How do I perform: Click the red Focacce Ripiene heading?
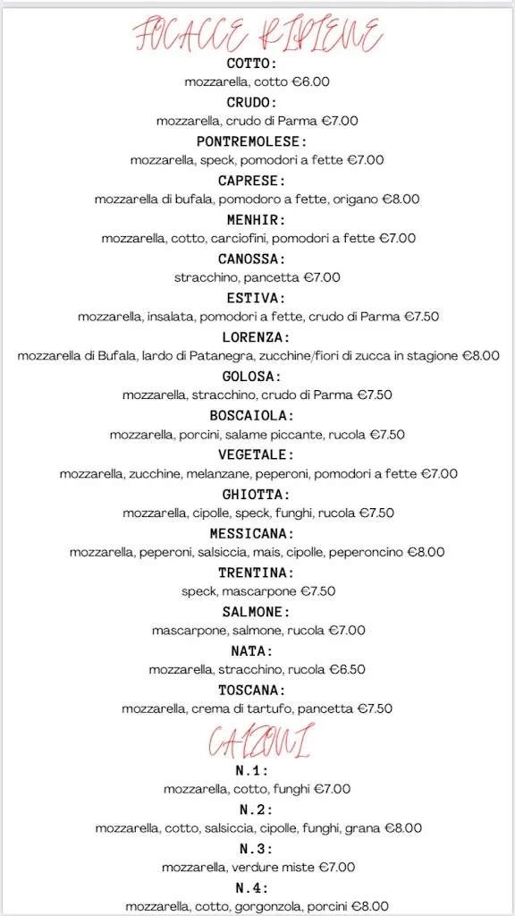(258, 36)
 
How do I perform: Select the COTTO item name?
(251, 64)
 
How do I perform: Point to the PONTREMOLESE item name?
(251, 141)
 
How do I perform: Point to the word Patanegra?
(214, 356)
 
